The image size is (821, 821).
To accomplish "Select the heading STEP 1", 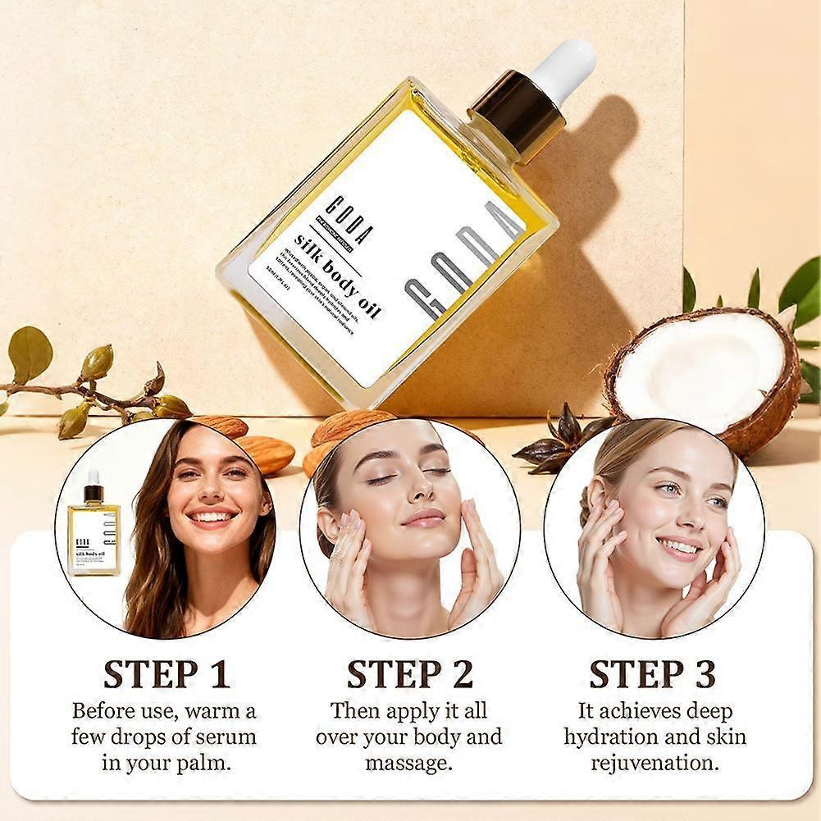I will [166, 674].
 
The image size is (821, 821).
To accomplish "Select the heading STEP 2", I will [409, 674].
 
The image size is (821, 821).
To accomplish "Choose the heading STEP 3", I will [652, 674].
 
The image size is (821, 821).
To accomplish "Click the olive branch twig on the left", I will [90, 394].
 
